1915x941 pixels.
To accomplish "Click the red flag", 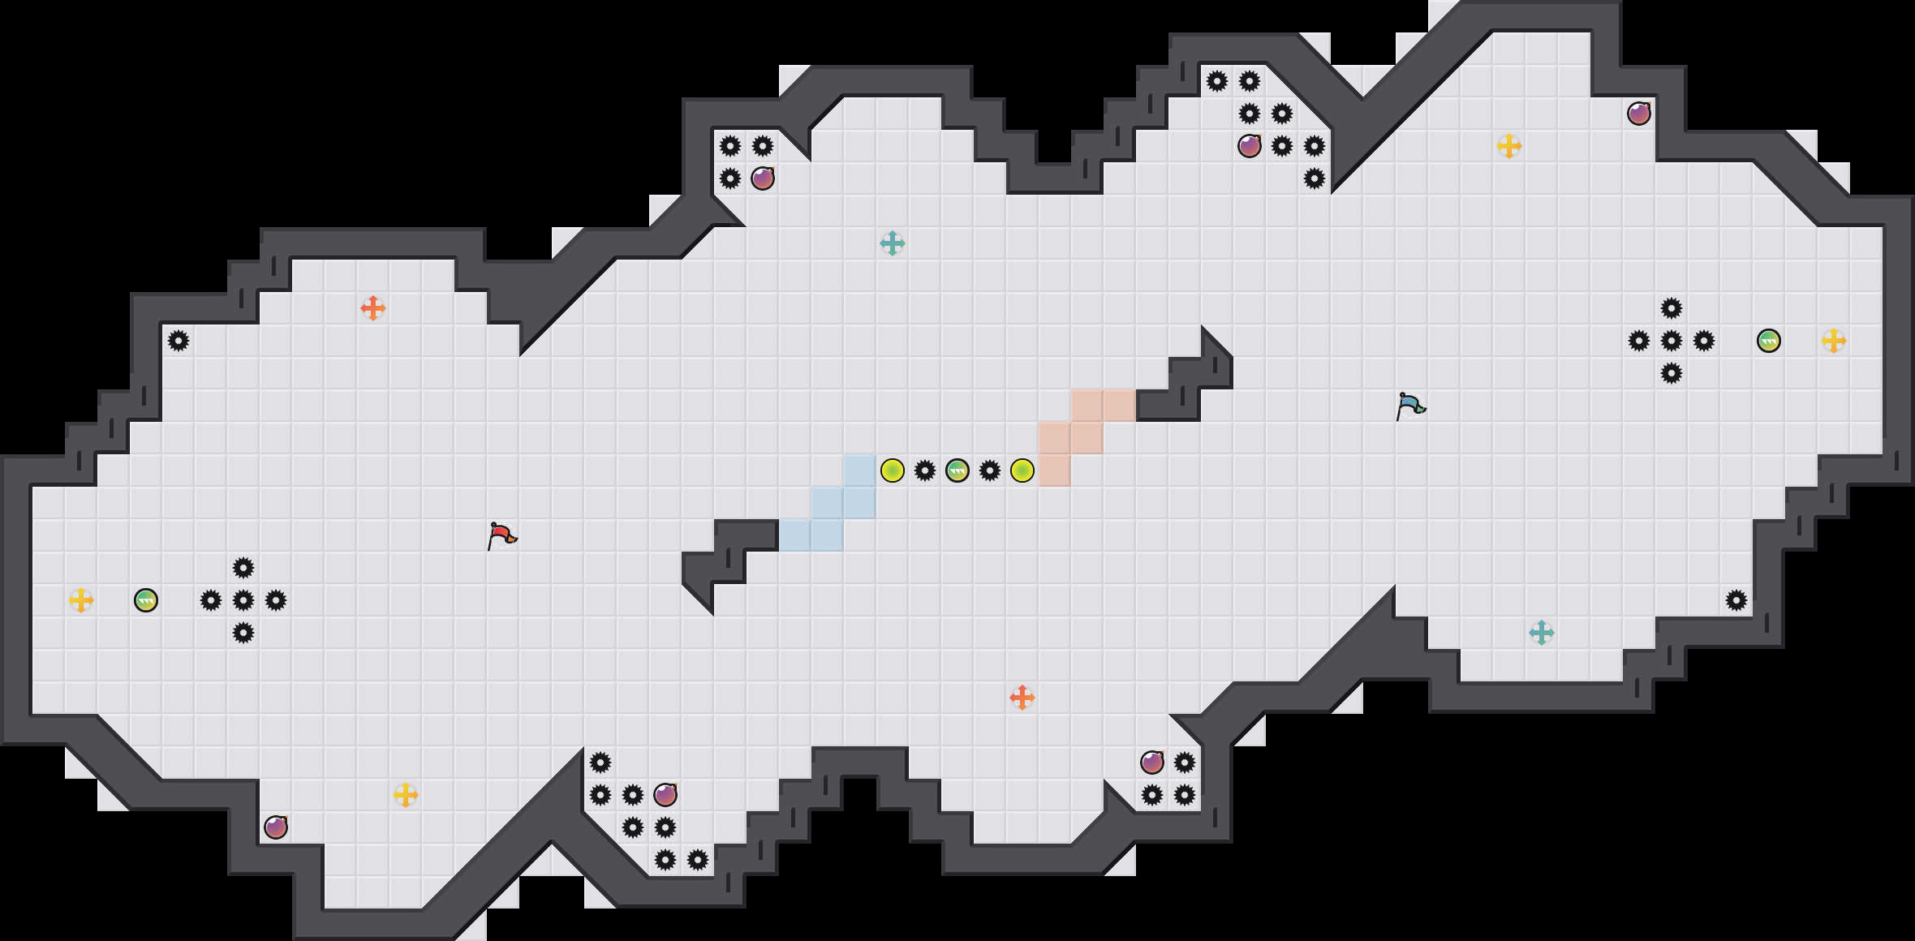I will coord(501,535).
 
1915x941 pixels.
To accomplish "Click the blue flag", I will coord(1410,405).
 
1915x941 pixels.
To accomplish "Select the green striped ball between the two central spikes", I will coord(957,470).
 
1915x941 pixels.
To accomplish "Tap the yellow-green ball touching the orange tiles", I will coord(1022,470).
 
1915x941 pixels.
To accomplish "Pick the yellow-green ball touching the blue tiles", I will coord(893,470).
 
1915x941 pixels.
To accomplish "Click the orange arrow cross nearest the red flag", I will coord(373,308).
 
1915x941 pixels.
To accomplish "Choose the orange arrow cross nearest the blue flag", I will coord(1022,698).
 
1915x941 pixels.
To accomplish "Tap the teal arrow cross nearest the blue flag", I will coord(1542,633).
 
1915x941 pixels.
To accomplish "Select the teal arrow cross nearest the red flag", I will coord(893,243).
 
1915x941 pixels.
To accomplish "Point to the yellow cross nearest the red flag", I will coord(406,795).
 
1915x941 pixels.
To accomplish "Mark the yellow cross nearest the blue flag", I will coord(1509,146).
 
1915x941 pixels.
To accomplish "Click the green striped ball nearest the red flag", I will coord(146,600).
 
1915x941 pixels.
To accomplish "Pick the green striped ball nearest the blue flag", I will coord(1769,341).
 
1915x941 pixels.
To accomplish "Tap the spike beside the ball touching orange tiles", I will coord(990,470).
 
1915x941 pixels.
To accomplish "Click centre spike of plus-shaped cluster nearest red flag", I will coord(243,600).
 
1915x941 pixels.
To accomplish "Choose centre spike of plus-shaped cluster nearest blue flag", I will coord(1672,341).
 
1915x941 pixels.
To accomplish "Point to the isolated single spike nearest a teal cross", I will coord(1736,600).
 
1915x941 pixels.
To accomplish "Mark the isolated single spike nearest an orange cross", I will coord(179,341).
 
